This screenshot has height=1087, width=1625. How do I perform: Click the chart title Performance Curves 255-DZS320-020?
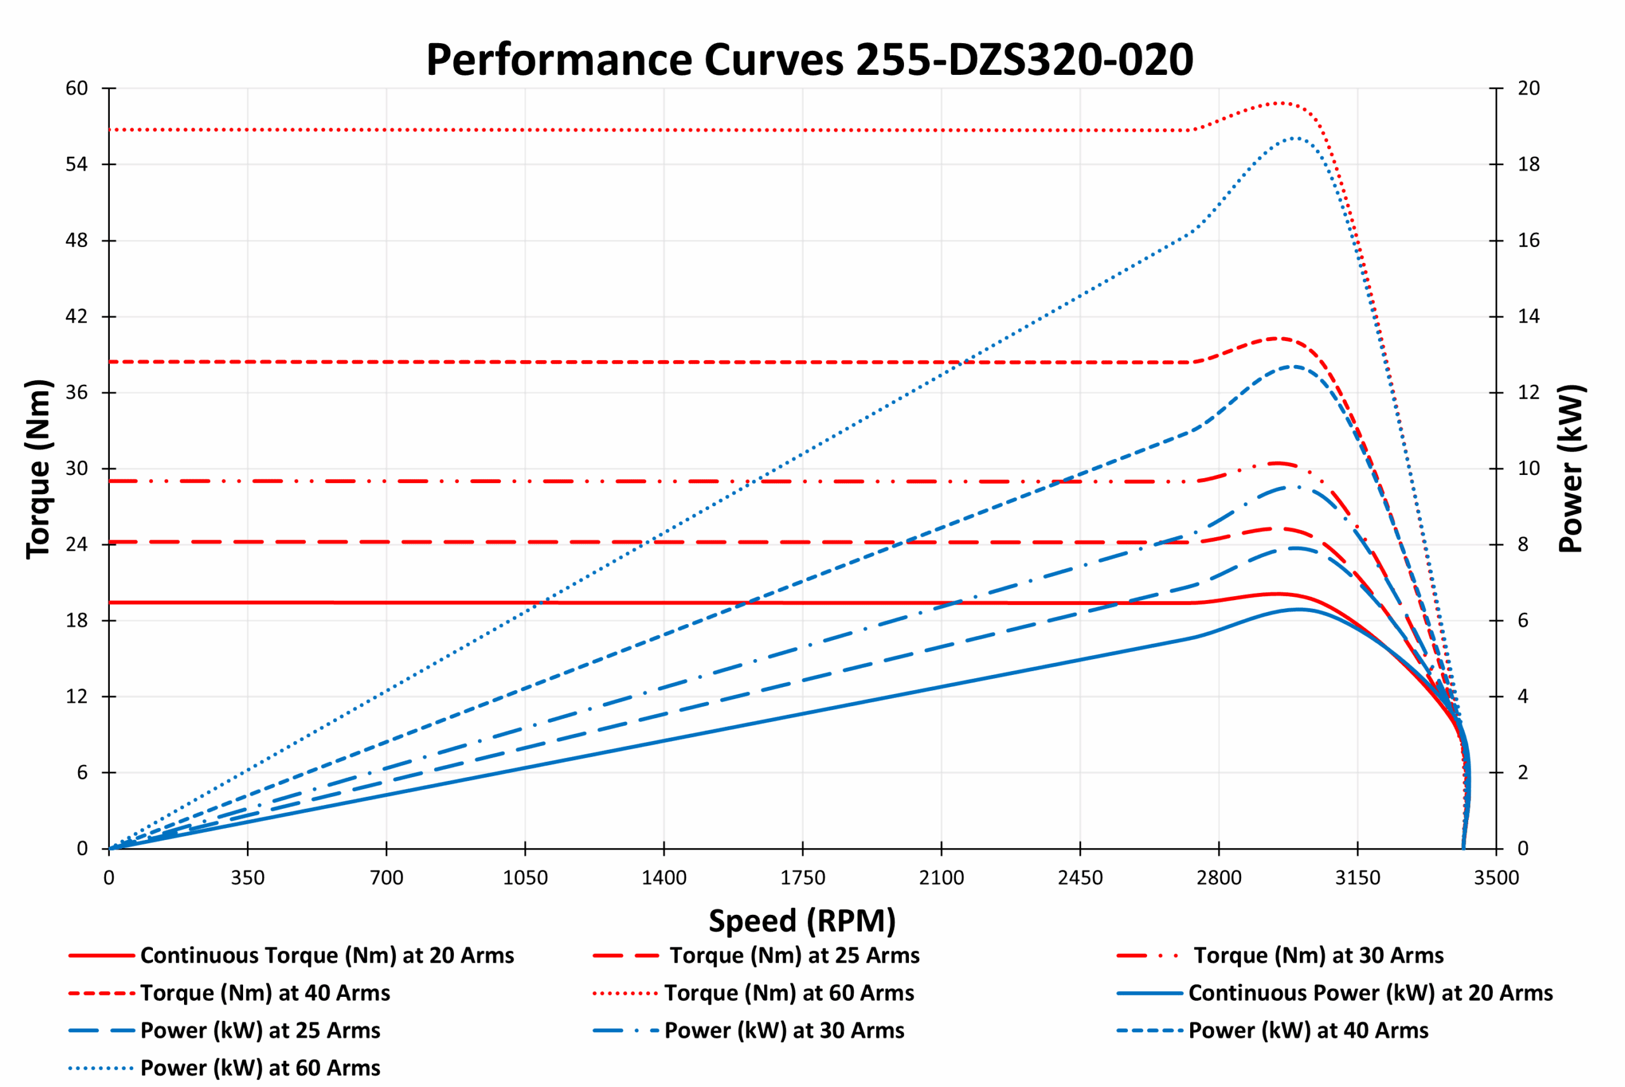click(x=809, y=60)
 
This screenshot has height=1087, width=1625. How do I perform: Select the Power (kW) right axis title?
click(x=1571, y=469)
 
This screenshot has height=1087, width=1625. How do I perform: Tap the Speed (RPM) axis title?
click(x=802, y=921)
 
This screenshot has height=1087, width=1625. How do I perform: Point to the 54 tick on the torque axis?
click(x=77, y=164)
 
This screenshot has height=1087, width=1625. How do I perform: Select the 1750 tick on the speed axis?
click(x=802, y=878)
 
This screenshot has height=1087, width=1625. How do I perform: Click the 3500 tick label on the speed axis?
click(x=1496, y=878)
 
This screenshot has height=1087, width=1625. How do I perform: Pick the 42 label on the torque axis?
click(x=77, y=317)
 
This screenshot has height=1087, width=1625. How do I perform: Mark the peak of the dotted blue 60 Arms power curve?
click(x=1294, y=138)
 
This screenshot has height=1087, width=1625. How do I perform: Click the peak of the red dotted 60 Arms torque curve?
click(x=1278, y=103)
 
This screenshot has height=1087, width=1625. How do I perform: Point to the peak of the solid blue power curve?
click(x=1297, y=610)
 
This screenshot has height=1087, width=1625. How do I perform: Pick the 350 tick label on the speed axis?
click(x=248, y=878)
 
